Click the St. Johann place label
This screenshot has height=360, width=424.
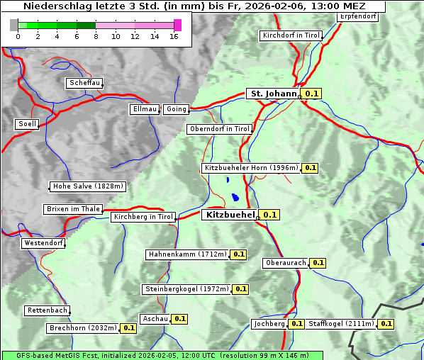[273, 94]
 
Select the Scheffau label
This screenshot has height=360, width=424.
[84, 84]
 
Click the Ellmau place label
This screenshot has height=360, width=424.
[145, 109]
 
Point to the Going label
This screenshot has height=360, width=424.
[176, 109]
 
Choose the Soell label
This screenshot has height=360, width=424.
[27, 124]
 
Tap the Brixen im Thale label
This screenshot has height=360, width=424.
[73, 209]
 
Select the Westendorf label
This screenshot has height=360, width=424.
[43, 243]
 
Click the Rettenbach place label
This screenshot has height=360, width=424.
[48, 310]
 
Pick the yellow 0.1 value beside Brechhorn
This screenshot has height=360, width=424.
[128, 328]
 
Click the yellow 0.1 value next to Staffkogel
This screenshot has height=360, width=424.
[386, 324]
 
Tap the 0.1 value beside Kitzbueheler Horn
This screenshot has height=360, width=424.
[310, 168]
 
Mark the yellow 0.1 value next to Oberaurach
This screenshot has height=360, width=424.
[318, 263]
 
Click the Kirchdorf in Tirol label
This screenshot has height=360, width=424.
[291, 35]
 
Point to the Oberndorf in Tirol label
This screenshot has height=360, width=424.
[220, 129]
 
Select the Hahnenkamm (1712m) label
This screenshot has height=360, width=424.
[186, 254]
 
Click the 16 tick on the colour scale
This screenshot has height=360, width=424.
[174, 36]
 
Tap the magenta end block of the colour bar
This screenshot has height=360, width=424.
[177, 25]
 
